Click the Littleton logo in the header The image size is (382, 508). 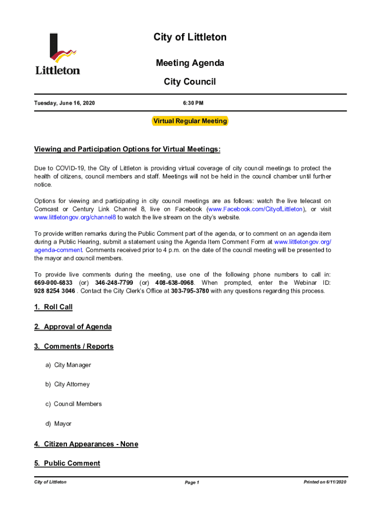click(58, 54)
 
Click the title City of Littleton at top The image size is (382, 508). click(190, 37)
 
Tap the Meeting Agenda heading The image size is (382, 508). click(190, 63)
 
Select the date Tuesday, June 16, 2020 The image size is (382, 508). click(64, 103)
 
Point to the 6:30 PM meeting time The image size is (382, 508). click(190, 103)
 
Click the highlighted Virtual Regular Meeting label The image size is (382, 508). click(190, 121)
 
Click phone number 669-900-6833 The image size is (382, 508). click(53, 283)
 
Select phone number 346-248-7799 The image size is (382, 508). click(114, 283)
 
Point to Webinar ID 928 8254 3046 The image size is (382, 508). click(55, 291)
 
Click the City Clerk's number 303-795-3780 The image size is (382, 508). click(190, 291)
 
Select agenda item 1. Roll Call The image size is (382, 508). click(53, 307)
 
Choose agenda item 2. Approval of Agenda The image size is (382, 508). click(73, 327)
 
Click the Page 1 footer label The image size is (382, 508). click(191, 483)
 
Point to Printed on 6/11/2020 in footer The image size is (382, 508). click(325, 482)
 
